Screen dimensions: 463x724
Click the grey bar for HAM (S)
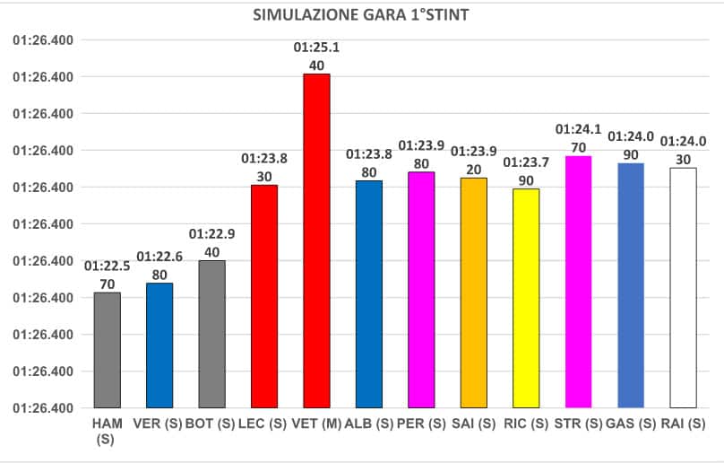[108, 350]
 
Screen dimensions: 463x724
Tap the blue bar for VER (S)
[159, 345]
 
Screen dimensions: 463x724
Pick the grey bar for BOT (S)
[212, 334]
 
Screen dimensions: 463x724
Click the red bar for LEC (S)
[264, 296]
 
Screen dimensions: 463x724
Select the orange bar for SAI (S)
[474, 293]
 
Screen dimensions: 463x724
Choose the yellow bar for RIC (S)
[526, 298]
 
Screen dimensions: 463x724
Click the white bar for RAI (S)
[684, 287]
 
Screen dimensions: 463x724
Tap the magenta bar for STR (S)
[579, 282]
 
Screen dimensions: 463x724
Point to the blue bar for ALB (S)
[369, 294]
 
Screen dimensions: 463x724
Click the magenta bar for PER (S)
[421, 290]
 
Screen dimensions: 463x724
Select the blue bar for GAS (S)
[631, 285]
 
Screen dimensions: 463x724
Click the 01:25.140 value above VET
[316, 55]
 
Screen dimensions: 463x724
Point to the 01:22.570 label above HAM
[108, 274]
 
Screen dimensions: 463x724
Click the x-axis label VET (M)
[316, 423]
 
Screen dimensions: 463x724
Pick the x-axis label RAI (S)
[684, 423]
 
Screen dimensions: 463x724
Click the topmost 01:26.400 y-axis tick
[43, 40]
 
